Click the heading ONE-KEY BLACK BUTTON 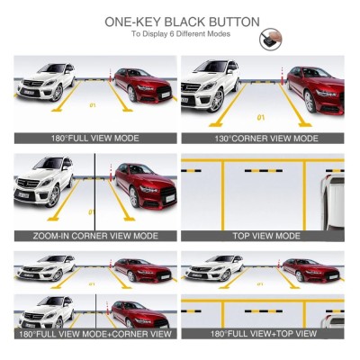click(x=182, y=21)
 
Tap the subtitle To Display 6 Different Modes click(x=180, y=34)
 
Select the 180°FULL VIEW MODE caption click(x=94, y=139)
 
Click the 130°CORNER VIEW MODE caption click(x=262, y=139)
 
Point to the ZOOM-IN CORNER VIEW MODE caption click(x=94, y=236)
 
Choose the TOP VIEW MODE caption click(x=262, y=236)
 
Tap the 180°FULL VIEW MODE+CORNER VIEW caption click(x=94, y=334)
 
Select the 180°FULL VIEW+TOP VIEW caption click(x=262, y=334)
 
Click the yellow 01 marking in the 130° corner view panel click(x=261, y=117)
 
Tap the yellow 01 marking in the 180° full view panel click(x=94, y=105)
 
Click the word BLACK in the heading click(x=186, y=21)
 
